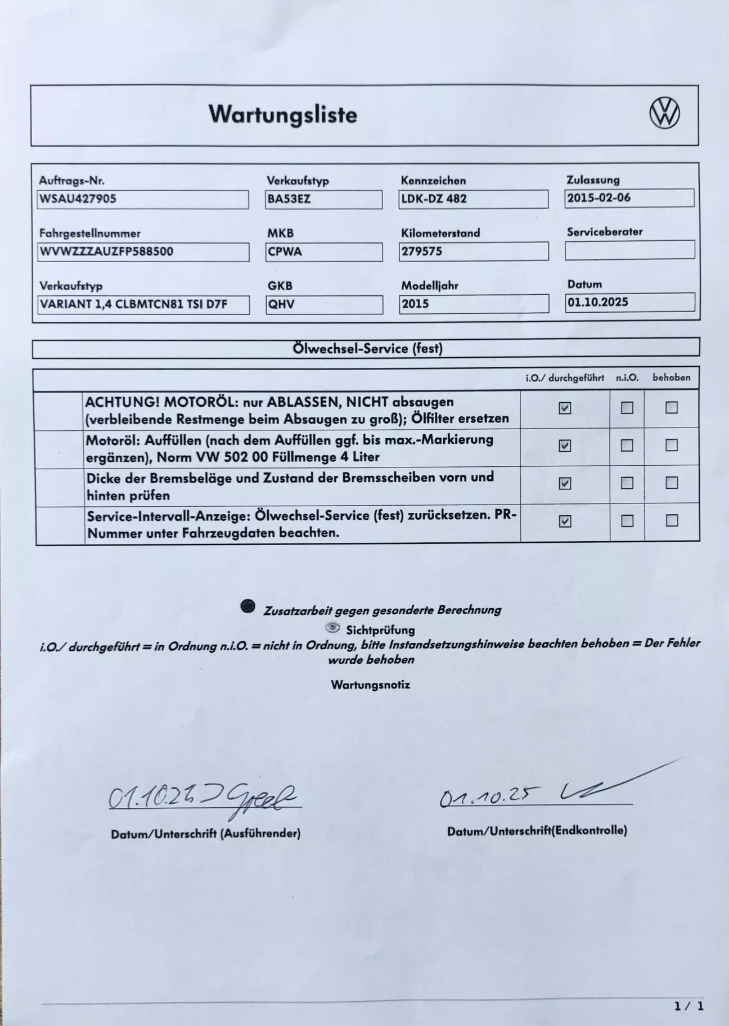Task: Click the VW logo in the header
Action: (x=664, y=113)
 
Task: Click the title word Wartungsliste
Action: (x=283, y=114)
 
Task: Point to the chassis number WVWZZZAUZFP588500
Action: (x=106, y=251)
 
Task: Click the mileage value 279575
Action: (x=422, y=251)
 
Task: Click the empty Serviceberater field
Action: (x=629, y=250)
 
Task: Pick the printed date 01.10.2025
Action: (x=597, y=302)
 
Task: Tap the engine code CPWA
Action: (x=285, y=251)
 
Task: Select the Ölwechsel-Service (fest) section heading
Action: (x=367, y=348)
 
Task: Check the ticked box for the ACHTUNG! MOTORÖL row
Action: (x=565, y=408)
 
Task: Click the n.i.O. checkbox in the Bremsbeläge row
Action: (x=627, y=483)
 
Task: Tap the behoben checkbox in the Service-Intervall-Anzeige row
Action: (x=672, y=520)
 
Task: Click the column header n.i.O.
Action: (x=627, y=378)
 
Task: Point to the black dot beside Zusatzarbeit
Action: (x=247, y=606)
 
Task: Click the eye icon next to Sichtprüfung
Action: (x=333, y=627)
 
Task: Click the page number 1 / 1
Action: (x=689, y=1006)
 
